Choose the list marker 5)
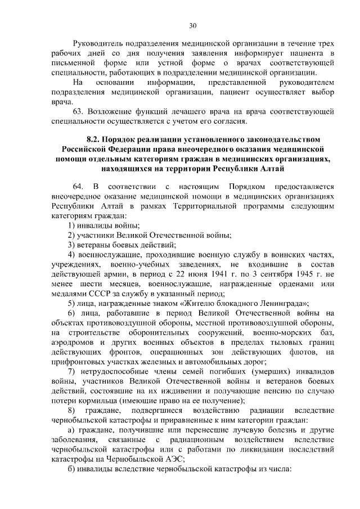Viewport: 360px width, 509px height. [x=71, y=303]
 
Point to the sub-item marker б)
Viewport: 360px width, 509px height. [x=71, y=469]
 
